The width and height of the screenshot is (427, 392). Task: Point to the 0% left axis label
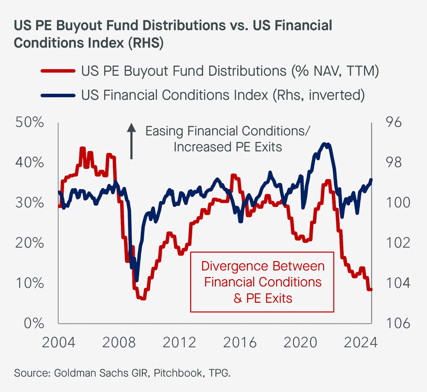[x=34, y=323]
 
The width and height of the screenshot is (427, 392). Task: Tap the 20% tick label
[x=30, y=243]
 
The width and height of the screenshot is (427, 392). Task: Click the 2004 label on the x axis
[x=59, y=343]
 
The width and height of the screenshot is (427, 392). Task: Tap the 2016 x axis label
[x=240, y=343]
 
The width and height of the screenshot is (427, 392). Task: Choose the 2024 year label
[x=361, y=343]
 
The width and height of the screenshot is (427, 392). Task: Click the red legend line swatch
[x=58, y=71]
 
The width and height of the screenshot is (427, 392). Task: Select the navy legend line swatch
[x=58, y=95]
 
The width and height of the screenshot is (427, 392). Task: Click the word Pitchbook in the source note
[x=178, y=373]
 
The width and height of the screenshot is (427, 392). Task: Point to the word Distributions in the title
[x=184, y=25]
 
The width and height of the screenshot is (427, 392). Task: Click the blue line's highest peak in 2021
[x=325, y=144]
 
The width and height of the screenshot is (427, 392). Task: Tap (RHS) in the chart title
[x=146, y=43]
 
